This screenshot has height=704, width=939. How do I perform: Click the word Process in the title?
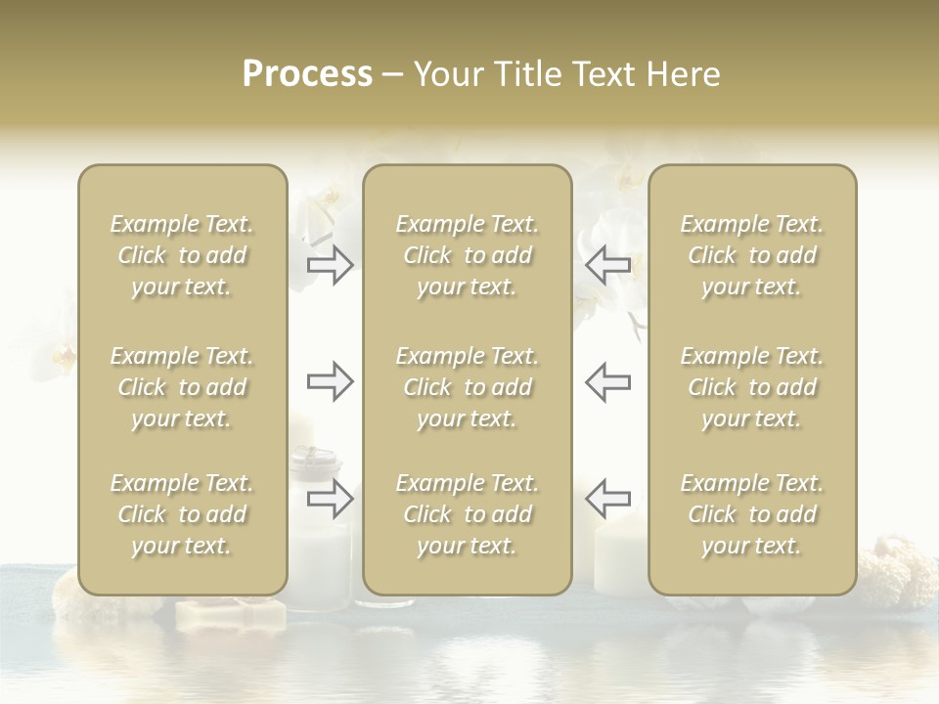pos(307,74)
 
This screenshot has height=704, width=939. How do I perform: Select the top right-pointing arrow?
pos(330,264)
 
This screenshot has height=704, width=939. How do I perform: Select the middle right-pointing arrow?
pos(330,381)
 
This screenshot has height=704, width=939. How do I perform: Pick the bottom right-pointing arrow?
pos(330,499)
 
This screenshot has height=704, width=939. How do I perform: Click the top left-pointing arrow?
pos(607,264)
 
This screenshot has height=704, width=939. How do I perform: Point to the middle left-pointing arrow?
pos(607,381)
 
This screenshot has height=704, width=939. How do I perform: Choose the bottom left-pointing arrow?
pos(607,499)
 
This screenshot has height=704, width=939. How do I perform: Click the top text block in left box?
pos(182,255)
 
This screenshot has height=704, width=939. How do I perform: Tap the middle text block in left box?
pos(182,387)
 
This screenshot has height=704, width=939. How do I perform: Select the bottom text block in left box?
pos(182,514)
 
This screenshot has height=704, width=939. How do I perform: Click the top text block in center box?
pos(467,255)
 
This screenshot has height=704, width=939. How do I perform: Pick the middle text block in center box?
pos(467,387)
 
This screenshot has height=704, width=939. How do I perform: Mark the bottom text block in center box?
pos(467,514)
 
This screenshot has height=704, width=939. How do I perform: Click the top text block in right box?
pos(751,255)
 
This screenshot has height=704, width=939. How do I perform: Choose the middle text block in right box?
pos(751,387)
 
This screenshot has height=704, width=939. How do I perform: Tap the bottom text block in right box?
pos(751,514)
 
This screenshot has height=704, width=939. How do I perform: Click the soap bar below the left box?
pos(231,613)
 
